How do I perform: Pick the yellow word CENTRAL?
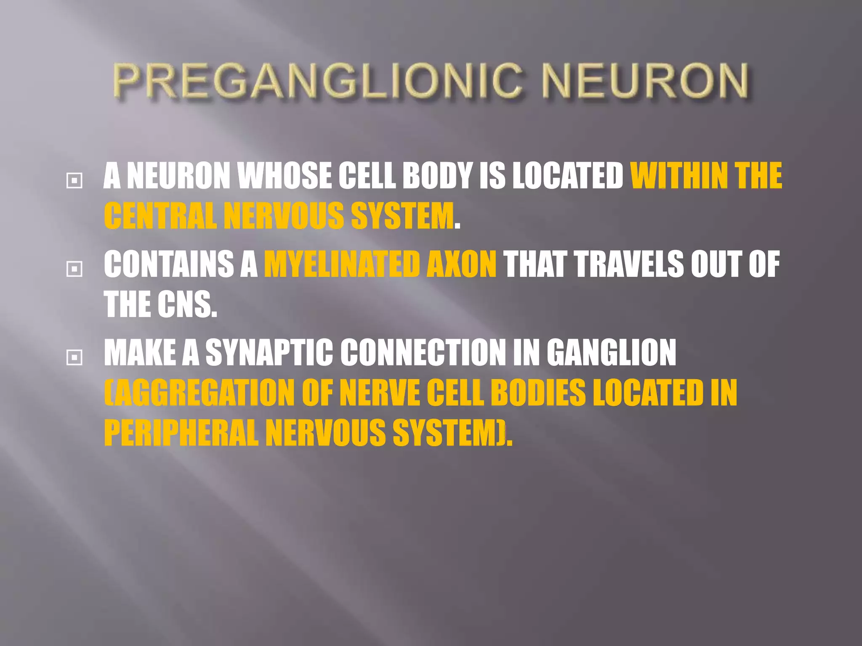click(160, 216)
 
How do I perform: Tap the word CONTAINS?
click(169, 265)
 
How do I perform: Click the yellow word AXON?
click(462, 265)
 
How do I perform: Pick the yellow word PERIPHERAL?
click(181, 433)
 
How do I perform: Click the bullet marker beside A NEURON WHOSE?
click(74, 181)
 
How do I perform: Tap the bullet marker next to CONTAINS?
click(74, 269)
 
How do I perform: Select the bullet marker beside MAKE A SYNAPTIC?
click(74, 357)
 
